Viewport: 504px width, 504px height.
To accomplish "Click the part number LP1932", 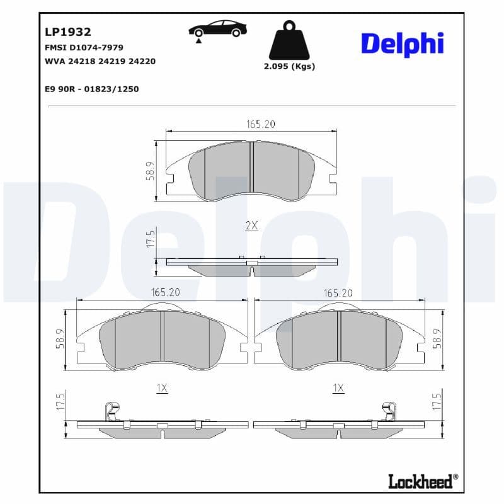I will click(68, 31).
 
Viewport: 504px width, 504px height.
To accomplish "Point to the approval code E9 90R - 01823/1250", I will click(91, 89).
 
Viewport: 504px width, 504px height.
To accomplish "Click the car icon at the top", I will click(218, 30).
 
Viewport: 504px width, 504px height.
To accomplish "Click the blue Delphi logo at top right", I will click(402, 43).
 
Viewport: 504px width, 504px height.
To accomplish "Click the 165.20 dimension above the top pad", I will click(261, 124).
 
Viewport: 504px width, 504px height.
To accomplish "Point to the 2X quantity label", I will click(251, 226).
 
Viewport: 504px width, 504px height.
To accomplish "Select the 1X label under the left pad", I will click(162, 389).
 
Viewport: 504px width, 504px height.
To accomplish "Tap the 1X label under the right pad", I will click(339, 389).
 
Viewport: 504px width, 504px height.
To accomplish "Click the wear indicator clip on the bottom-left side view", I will click(112, 411).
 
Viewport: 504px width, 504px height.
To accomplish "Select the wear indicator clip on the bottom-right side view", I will click(388, 411).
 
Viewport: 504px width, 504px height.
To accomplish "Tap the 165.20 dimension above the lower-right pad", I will click(339, 292).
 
